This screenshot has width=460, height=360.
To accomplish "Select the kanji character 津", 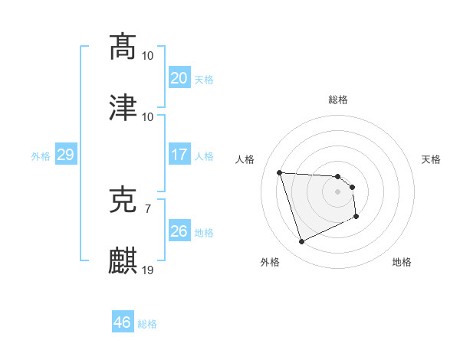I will pos(123,107).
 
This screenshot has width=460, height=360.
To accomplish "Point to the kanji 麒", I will pos(123,260).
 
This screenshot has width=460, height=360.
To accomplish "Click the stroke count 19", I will pos(148,270).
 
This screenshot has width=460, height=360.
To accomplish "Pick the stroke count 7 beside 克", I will pos(147,208).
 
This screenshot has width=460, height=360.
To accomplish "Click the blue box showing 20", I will pos(179,78).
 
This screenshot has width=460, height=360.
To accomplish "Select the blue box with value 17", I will pos(179,155).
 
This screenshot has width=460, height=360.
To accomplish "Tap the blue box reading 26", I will pos(179,231).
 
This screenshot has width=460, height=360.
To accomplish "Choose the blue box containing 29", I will pos(65,155).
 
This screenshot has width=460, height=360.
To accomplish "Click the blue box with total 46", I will pos(122,322).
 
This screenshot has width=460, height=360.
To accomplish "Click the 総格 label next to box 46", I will pos(147,324).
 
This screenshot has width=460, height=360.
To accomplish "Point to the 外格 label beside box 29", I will pos(41,155).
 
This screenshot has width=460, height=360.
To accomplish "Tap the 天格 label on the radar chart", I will pos(432,159).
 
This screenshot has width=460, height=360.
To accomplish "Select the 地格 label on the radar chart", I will pos(402,262).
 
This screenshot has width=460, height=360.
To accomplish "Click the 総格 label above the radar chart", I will pos(338,100).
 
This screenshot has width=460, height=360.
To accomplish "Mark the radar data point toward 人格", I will pos(280,172).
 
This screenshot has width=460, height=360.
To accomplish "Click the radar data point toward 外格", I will pos(301,242).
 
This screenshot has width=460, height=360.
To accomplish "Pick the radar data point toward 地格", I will pos(356,217).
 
